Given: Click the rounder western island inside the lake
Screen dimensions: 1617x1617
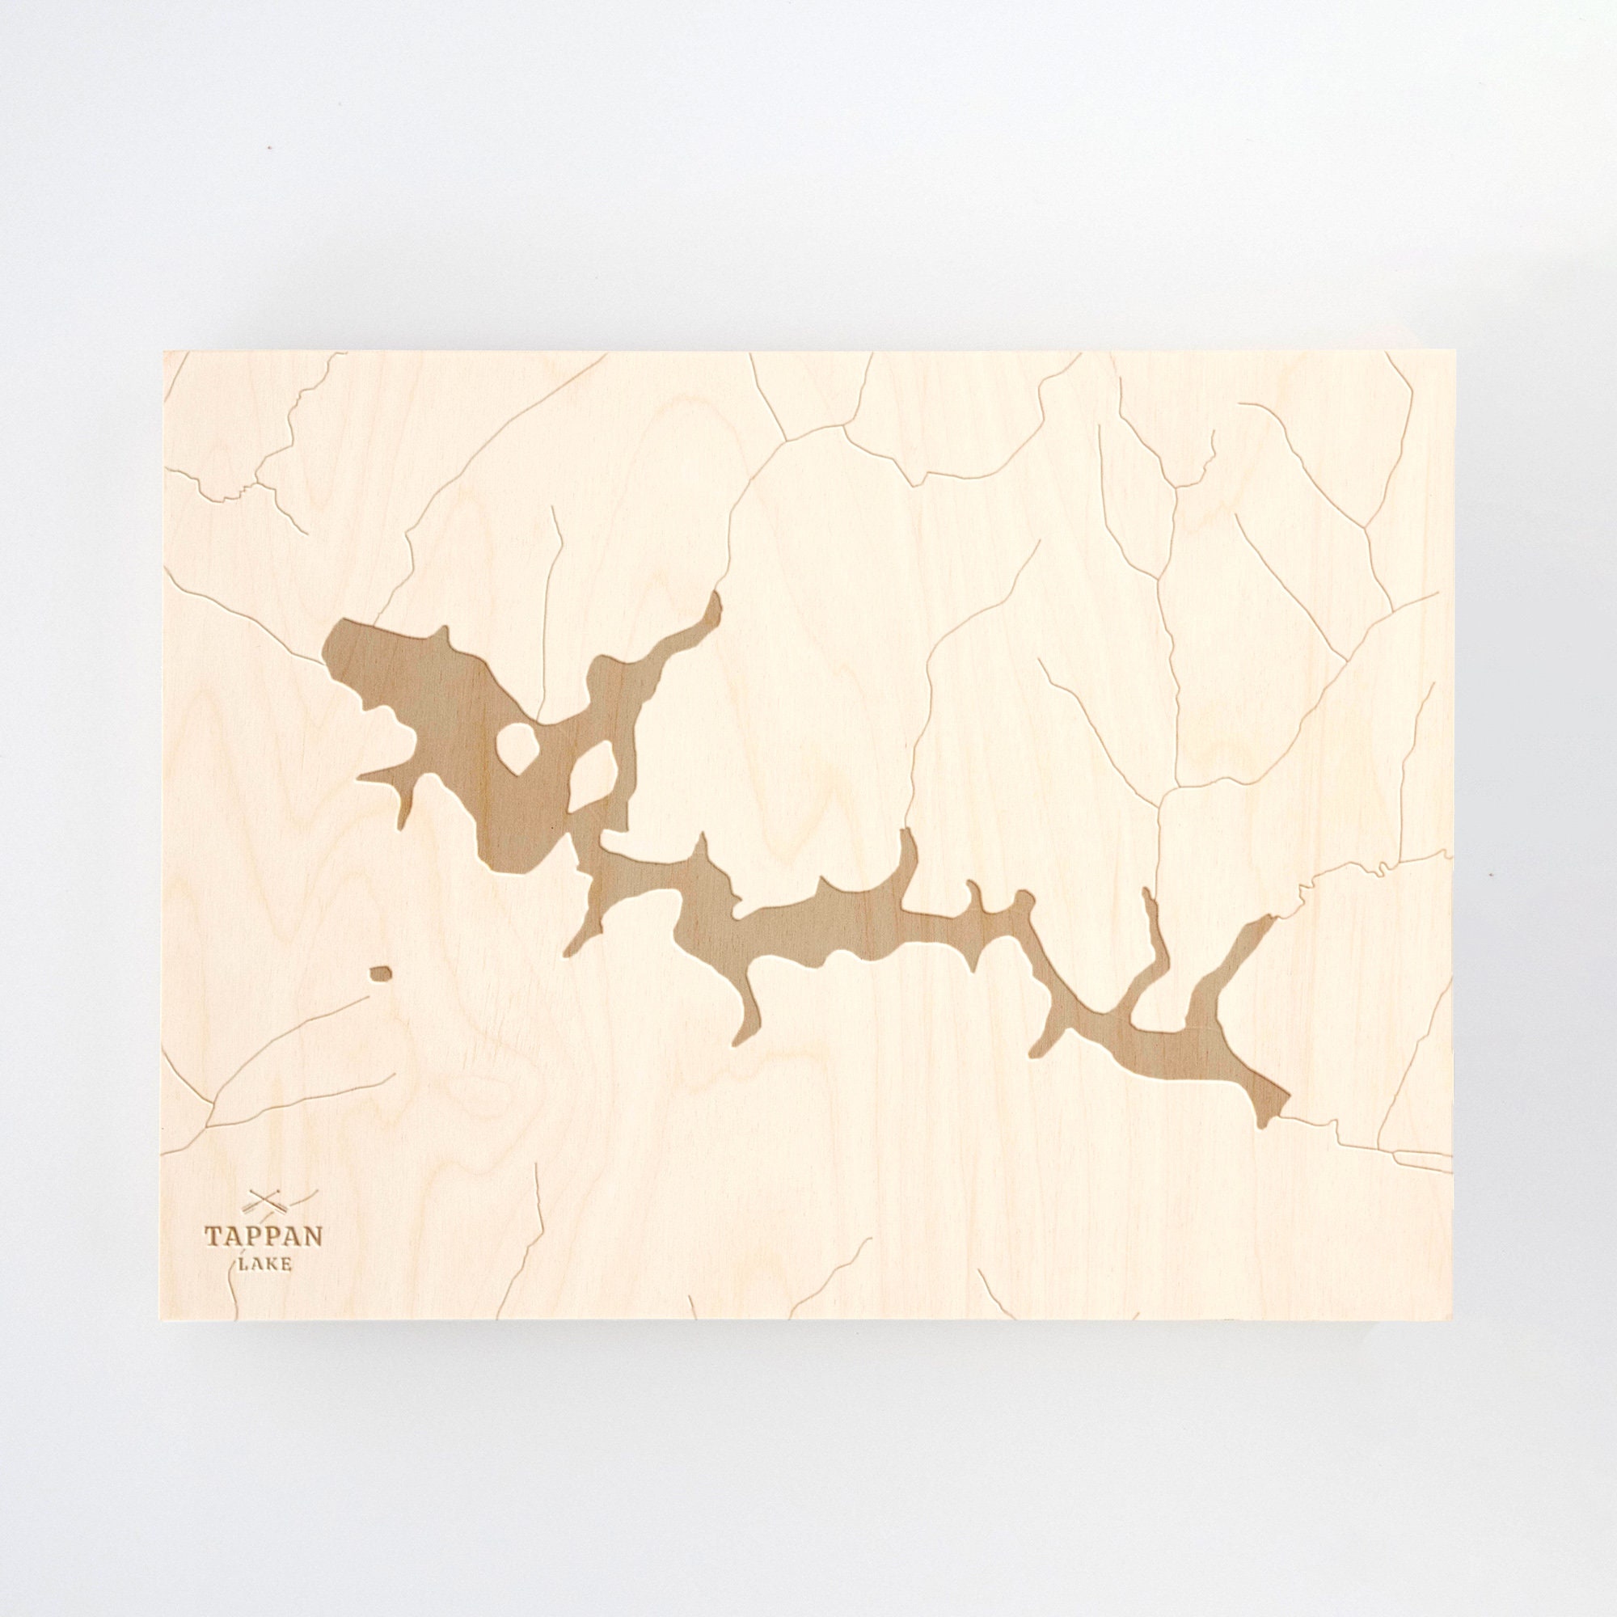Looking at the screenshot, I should [517, 742].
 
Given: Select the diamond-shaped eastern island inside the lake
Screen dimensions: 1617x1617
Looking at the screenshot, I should [594, 768].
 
